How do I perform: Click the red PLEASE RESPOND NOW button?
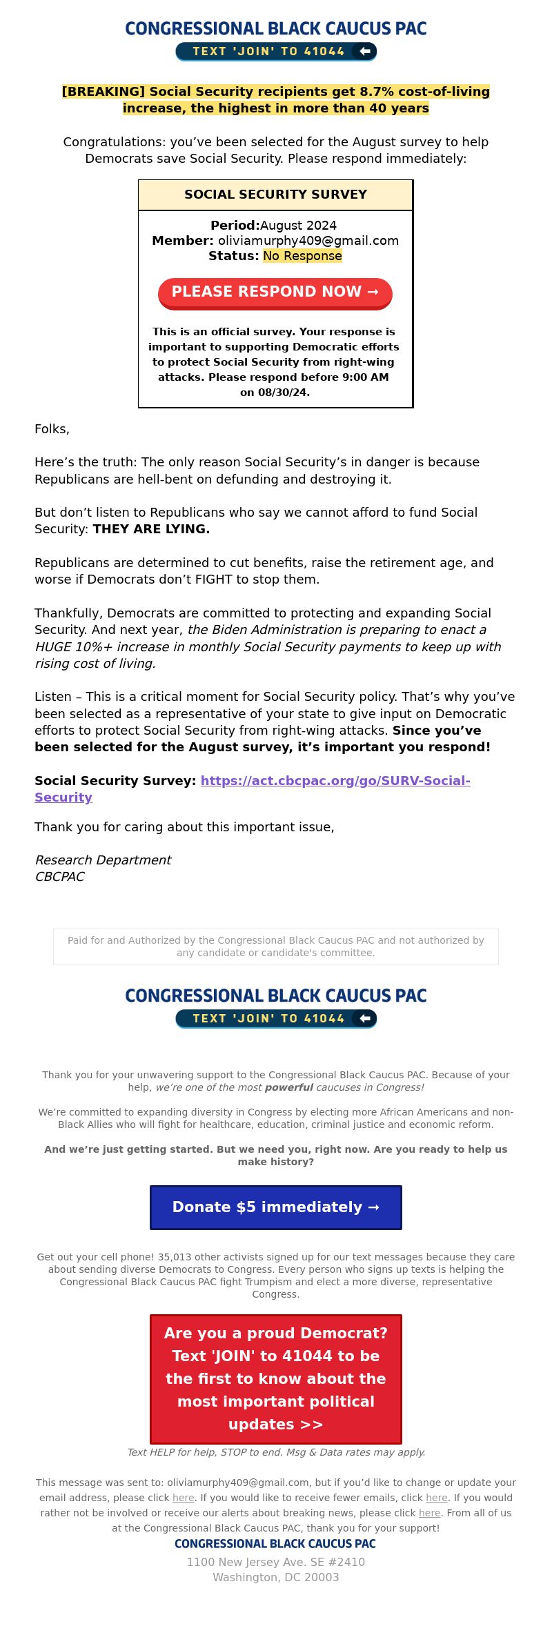coord(275,292)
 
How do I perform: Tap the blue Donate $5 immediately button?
coord(275,1207)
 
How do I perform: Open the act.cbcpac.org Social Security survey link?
coord(335,781)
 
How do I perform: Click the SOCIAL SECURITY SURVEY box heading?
coord(275,195)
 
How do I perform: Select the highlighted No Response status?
coord(302,256)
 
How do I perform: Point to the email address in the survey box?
coord(308,241)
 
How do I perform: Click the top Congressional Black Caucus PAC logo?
coord(275,28)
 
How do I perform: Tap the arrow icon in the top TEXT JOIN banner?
coord(365,51)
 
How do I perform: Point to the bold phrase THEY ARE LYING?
coord(151,529)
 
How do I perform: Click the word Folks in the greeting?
coord(52,429)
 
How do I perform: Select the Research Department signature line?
coord(103,860)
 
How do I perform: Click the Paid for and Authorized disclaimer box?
coord(275,947)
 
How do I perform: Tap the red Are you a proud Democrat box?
coord(275,1378)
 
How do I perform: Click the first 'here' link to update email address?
coord(183,1498)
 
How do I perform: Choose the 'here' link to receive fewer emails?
coord(436,1498)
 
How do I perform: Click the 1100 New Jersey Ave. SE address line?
coord(275,1562)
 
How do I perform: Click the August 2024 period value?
coord(298,226)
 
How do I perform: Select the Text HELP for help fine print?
coord(275,1452)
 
